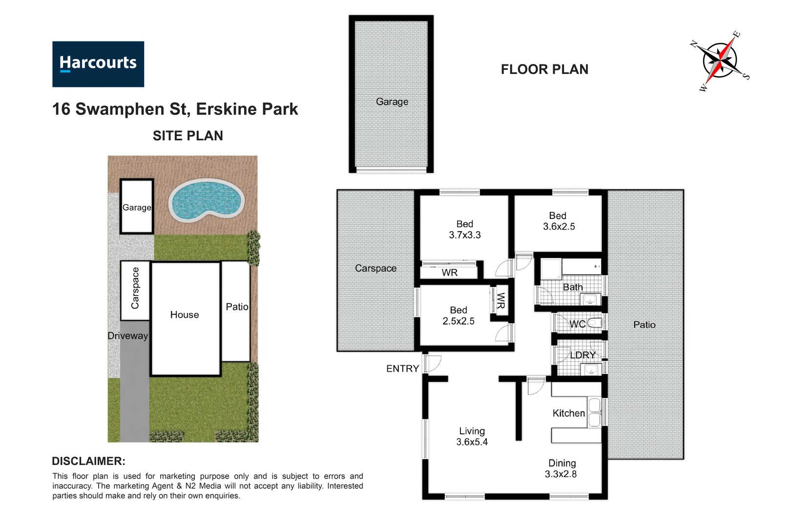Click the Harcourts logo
click(x=98, y=64)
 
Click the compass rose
click(x=720, y=61)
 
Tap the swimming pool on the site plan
click(x=206, y=200)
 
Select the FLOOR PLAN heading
click(x=544, y=69)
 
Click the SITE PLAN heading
click(x=187, y=135)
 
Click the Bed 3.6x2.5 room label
click(x=559, y=221)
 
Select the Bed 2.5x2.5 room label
click(x=458, y=315)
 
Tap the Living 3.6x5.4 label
click(x=472, y=436)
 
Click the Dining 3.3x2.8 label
click(x=562, y=468)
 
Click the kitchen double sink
click(x=594, y=413)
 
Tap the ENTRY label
click(x=402, y=369)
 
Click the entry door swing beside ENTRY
click(x=433, y=364)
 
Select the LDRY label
click(x=583, y=355)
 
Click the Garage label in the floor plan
click(x=392, y=102)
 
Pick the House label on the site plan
click(x=185, y=315)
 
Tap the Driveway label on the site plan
click(x=127, y=336)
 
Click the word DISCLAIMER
click(x=88, y=461)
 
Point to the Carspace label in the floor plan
click(x=375, y=268)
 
